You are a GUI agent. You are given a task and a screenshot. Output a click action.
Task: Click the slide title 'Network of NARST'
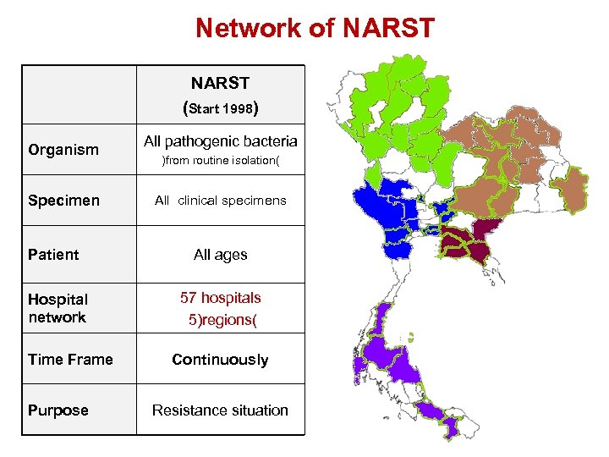315,28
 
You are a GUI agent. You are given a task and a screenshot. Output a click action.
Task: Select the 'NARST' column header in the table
220,83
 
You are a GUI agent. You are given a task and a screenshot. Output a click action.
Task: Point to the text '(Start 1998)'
220,108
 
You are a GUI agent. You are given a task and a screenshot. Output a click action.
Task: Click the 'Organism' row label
63,150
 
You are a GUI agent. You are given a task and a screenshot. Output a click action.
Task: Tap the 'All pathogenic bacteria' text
220,140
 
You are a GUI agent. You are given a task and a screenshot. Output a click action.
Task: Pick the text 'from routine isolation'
220,160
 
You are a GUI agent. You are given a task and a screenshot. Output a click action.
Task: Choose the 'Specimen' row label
63,201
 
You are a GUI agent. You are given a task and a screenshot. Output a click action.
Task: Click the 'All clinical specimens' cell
220,201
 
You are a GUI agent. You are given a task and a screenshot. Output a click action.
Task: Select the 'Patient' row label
53,255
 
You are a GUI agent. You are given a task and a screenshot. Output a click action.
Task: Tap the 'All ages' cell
220,255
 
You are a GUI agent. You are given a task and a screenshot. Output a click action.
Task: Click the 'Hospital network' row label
58,308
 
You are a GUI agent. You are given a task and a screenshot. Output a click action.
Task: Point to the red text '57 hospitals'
220,298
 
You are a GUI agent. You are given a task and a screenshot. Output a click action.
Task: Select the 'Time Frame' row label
70,360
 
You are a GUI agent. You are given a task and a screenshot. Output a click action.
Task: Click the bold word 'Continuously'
220,360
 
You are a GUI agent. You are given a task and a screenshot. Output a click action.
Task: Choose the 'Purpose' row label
58,410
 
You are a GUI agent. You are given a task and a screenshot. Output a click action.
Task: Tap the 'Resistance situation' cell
220,410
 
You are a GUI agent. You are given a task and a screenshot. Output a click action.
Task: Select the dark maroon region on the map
466,240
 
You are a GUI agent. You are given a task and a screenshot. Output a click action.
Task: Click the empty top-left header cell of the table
80,95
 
